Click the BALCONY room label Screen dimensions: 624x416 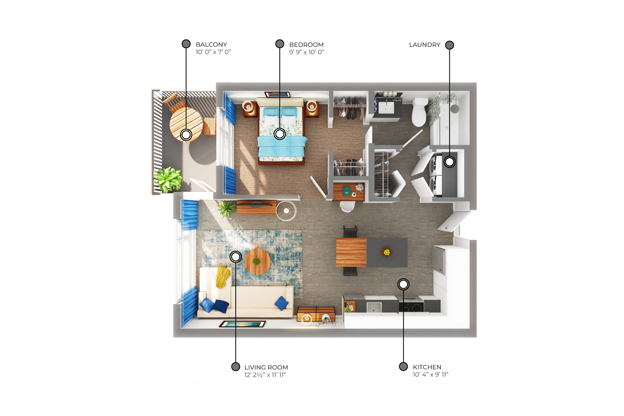click(211, 44)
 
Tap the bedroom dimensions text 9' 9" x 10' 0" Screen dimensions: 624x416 click(306, 52)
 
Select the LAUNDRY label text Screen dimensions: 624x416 click(424, 45)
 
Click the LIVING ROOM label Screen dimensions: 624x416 click(266, 367)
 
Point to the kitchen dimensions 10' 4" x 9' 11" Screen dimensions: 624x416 click(430, 374)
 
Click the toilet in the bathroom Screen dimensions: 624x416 click(419, 112)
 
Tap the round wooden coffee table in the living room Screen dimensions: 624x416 click(257, 261)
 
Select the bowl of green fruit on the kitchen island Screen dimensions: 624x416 click(387, 252)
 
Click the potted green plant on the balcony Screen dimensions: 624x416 click(168, 180)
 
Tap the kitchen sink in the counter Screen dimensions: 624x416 click(373, 307)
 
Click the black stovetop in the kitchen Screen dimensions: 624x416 click(411, 306)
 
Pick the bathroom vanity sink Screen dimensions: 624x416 click(386, 108)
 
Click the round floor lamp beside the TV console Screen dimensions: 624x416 click(286, 211)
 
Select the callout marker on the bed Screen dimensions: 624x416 click(280, 134)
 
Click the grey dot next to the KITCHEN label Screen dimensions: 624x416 click(403, 367)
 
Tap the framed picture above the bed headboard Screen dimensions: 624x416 click(278, 95)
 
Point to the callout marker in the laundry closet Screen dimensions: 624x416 click(449, 162)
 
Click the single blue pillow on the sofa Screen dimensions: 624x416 click(281, 303)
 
